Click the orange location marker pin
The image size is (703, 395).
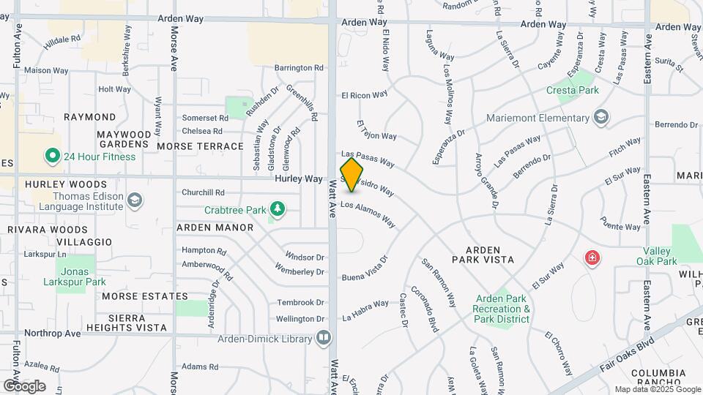point(351,175)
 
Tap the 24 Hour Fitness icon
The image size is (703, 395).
point(52,156)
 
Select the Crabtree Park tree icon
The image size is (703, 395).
point(278,210)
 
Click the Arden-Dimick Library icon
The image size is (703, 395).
point(323,337)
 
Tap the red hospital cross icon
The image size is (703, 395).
point(591,258)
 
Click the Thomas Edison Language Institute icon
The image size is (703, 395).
point(134,200)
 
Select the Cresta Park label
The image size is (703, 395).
point(573,90)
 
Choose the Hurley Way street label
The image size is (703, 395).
point(299,178)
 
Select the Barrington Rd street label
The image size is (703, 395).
point(299,68)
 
